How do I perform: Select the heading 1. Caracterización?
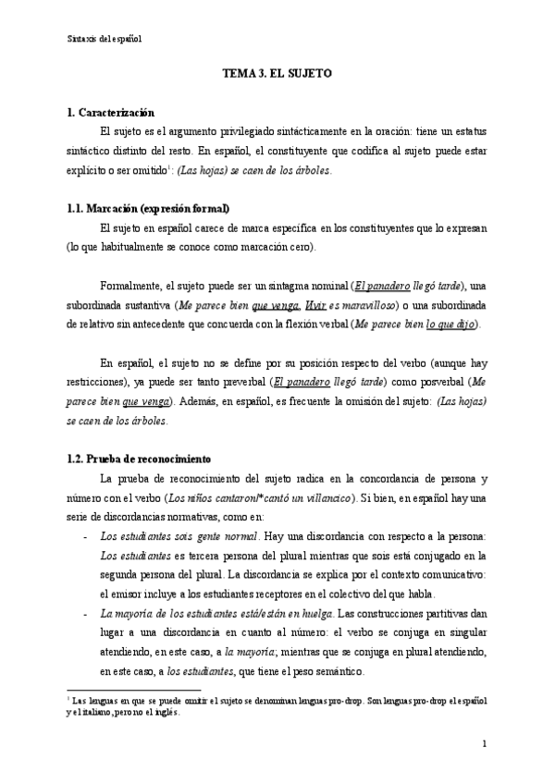[117, 112]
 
